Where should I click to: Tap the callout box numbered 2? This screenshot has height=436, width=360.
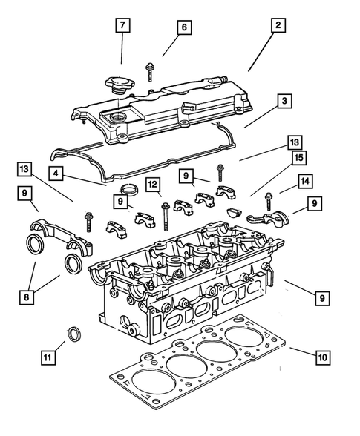click(x=278, y=25)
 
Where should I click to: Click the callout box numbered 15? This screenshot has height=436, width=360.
click(x=298, y=157)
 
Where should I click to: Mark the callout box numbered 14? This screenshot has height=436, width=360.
click(x=305, y=180)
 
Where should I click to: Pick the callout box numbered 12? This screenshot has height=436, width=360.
click(x=153, y=184)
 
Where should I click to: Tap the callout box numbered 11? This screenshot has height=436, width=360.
click(x=48, y=357)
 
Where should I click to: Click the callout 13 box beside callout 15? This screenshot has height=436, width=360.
click(x=295, y=142)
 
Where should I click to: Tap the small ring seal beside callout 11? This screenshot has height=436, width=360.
click(x=75, y=334)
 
